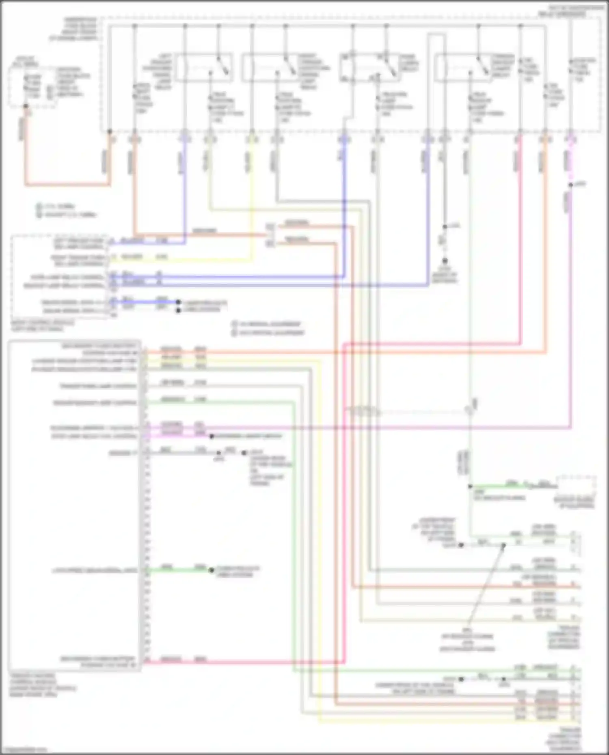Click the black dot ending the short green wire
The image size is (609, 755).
(211, 570)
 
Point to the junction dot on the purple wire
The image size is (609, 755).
(570, 185)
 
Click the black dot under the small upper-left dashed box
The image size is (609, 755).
(26, 106)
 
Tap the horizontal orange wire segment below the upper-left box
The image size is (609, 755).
(67, 185)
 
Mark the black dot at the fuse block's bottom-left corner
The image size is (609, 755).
(109, 131)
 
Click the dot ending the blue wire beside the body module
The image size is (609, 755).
(178, 302)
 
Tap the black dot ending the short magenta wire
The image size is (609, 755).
(211, 437)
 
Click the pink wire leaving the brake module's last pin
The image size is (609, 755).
(244, 663)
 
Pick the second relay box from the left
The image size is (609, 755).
(273, 67)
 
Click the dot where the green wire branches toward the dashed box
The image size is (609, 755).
(470, 486)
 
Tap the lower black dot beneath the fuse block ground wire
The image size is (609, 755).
(445, 261)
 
